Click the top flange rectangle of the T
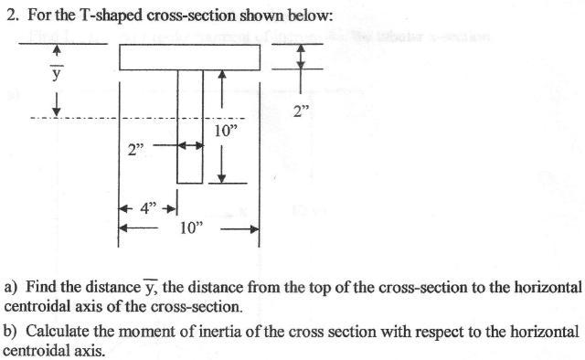click(189, 57)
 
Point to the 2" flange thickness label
click(303, 111)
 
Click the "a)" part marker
click(12, 288)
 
